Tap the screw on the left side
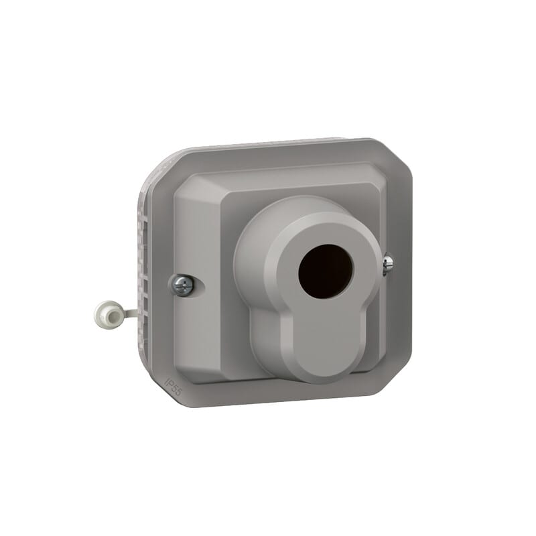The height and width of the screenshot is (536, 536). tap(182, 285)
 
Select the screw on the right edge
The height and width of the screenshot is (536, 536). tap(388, 265)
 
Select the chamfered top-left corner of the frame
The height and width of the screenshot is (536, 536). tap(161, 164)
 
